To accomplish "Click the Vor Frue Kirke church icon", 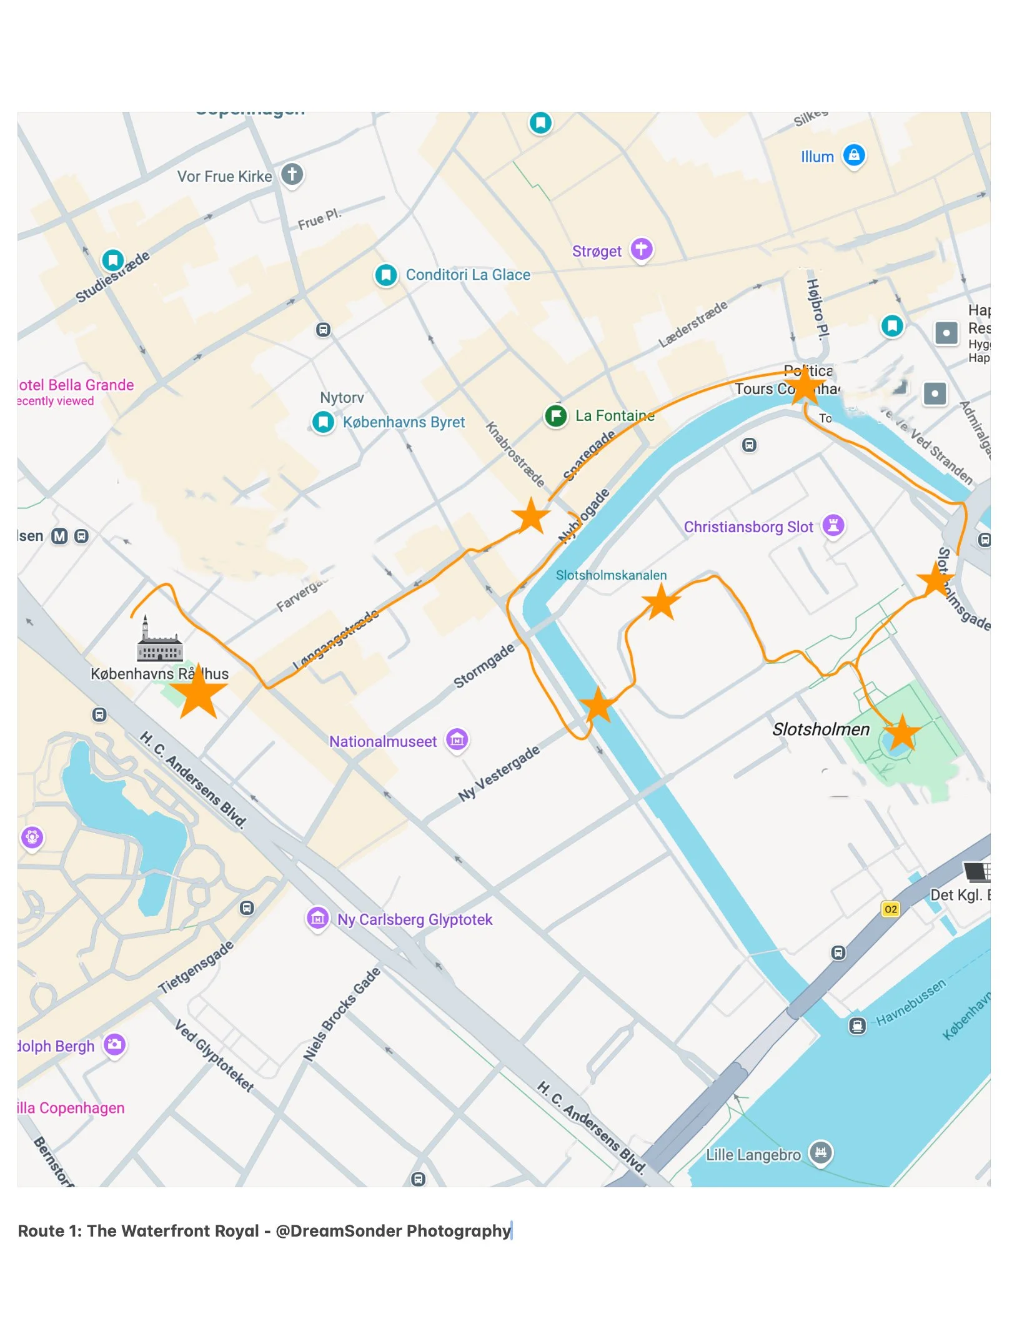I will tap(292, 174).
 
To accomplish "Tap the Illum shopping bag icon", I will tap(854, 154).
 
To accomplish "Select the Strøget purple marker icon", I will tap(641, 249).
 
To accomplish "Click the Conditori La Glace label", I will tap(467, 275).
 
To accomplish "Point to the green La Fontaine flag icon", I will tap(555, 415).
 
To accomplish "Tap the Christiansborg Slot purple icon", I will tap(833, 525).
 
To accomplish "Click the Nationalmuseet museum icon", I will tap(457, 741).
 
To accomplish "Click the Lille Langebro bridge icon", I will tap(820, 1152).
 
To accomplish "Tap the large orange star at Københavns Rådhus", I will tap(198, 693).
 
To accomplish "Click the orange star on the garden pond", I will tap(901, 733).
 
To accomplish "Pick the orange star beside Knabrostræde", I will tap(530, 516).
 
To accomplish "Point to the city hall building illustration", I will tap(159, 641).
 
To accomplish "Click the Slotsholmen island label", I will tap(820, 729).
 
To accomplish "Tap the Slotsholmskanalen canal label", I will tap(610, 575).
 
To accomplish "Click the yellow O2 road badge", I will tap(891, 909).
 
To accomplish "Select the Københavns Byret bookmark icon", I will tap(323, 422).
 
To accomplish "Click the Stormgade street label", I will tap(484, 665).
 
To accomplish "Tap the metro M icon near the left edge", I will tap(59, 536).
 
